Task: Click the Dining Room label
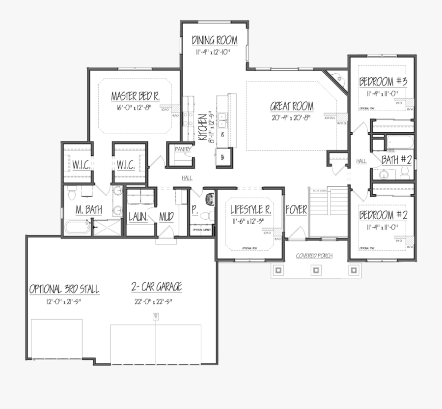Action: (215, 40)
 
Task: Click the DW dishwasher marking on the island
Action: (222, 134)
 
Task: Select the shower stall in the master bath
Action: (107, 228)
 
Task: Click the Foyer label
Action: (296, 210)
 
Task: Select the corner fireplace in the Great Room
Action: (338, 78)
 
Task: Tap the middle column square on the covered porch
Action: (316, 270)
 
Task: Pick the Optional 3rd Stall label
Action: (64, 289)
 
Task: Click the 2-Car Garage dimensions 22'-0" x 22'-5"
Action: (152, 301)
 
